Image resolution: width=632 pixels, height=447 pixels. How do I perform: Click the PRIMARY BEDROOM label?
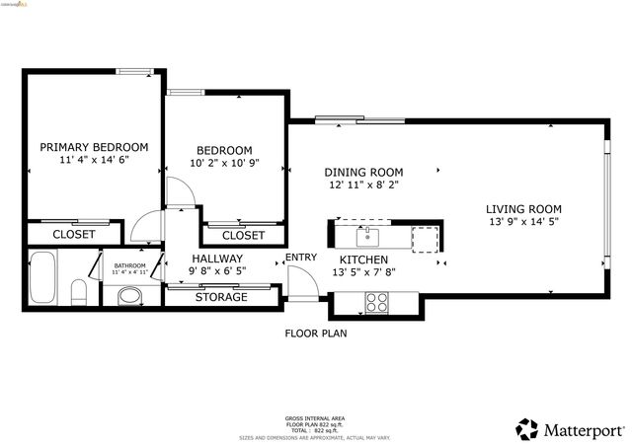point(94,146)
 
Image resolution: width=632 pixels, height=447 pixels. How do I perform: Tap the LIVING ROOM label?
point(523,208)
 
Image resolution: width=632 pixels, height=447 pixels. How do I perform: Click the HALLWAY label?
point(217,260)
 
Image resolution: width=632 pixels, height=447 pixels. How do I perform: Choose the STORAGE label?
point(221,297)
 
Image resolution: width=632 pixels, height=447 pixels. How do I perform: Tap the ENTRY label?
point(301,259)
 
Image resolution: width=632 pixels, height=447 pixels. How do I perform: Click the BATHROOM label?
point(129,265)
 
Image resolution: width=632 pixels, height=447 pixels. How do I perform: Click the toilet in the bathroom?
point(79,293)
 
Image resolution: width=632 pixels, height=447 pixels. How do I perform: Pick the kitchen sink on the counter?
point(368,237)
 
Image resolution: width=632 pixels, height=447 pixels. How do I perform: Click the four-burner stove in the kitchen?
point(377,302)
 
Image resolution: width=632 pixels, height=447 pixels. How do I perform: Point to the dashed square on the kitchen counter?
point(425,238)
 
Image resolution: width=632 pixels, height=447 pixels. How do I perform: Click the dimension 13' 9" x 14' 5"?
point(523,222)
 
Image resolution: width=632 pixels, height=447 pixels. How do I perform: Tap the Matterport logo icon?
point(527,429)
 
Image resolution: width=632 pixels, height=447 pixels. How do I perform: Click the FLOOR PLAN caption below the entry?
point(316,334)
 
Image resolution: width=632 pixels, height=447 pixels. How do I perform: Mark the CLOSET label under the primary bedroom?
point(74,234)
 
